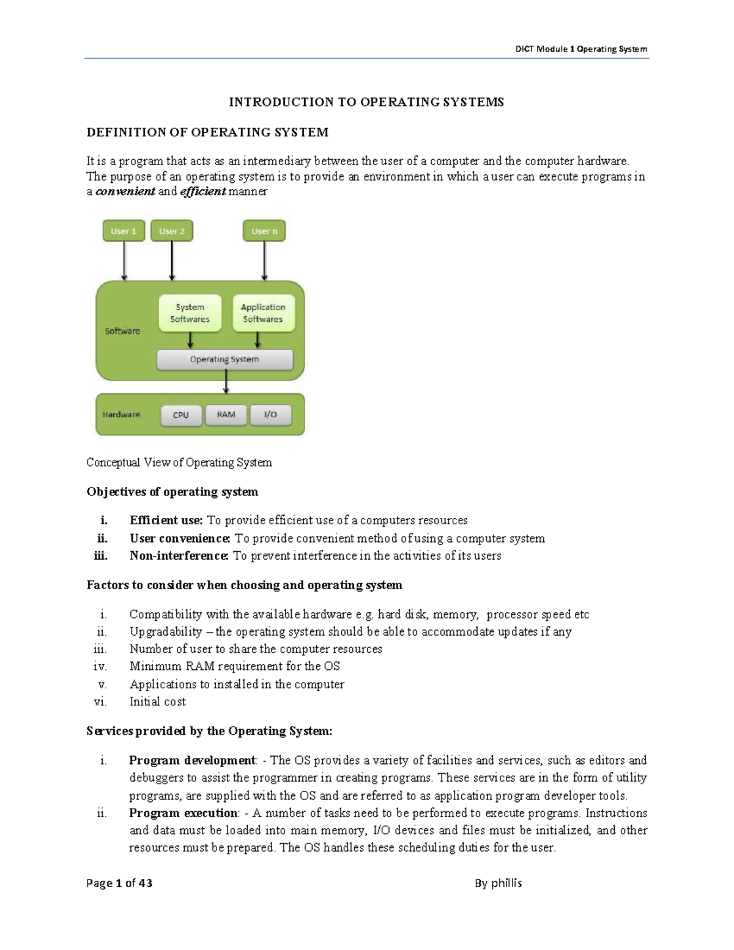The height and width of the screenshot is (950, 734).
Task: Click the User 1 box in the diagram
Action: (x=124, y=231)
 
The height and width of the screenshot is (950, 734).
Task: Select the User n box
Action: (x=264, y=231)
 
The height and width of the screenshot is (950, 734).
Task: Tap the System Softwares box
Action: (x=190, y=313)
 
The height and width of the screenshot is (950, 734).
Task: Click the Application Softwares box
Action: (x=263, y=313)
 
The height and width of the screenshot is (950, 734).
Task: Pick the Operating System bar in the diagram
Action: (x=224, y=360)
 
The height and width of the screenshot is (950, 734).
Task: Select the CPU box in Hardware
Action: (x=181, y=415)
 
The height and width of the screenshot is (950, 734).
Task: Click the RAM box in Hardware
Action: (x=226, y=415)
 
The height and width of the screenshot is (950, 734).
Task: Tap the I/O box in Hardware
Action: (x=270, y=415)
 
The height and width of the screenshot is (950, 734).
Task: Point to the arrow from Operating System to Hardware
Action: (x=226, y=382)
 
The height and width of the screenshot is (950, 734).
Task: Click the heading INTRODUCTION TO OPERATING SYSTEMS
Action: (x=366, y=102)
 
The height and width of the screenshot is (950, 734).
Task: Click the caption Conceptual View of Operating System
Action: (x=179, y=462)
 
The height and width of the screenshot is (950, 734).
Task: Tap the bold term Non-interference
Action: (x=179, y=556)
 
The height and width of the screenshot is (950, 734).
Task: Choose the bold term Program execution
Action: (x=183, y=813)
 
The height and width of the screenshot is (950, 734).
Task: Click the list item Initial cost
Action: (x=157, y=702)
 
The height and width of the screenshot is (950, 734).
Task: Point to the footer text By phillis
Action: (x=498, y=883)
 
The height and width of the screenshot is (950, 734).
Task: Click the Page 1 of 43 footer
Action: (x=119, y=883)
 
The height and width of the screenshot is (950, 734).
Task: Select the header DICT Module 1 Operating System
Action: (x=580, y=49)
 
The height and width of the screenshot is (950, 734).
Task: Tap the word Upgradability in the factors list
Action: (x=165, y=631)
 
